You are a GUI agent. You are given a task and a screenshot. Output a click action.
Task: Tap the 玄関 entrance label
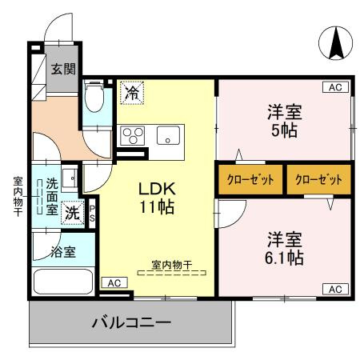pos(64,68)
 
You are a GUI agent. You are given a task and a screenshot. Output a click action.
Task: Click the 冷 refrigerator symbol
pos(131,93)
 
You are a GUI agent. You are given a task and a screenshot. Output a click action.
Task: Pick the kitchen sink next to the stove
pos(168,134)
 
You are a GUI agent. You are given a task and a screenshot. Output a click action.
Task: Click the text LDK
pos(158,189)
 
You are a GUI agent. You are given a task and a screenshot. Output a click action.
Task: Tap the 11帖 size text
pos(158,206)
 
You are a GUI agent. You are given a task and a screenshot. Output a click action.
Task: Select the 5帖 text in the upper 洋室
pos(284,130)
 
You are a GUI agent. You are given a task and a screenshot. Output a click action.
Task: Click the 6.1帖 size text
pos(285,258)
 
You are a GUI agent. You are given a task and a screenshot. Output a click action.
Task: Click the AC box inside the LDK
pos(114,282)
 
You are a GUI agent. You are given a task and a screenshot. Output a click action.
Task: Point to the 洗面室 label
pos(50,197)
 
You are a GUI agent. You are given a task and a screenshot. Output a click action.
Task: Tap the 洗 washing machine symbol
pos(72,213)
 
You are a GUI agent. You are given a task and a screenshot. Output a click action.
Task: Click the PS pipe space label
pos(92,211)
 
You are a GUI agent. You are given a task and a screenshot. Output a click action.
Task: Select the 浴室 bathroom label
pos(64,252)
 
